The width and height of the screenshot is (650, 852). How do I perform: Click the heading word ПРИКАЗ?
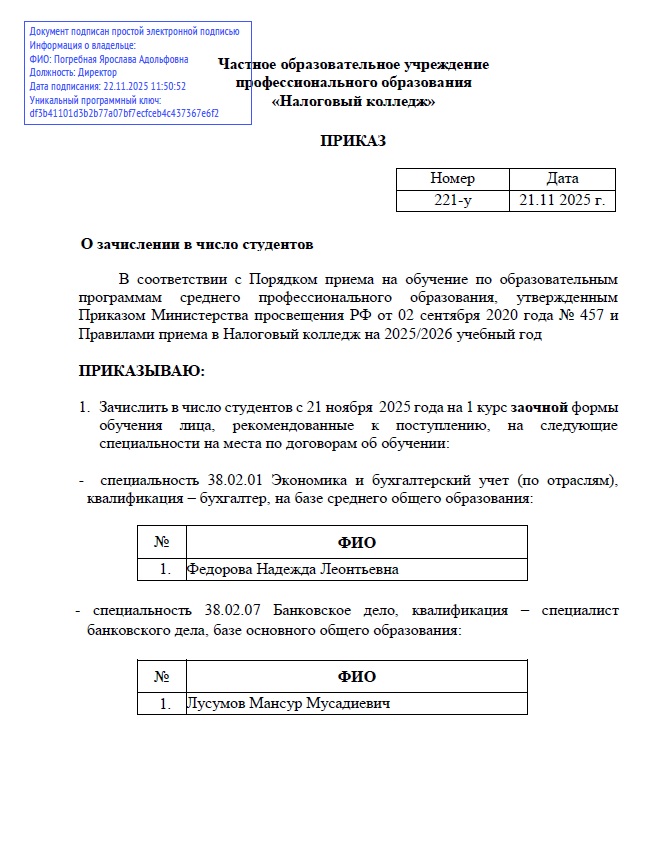pos(353,141)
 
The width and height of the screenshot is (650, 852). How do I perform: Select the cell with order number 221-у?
pos(453,200)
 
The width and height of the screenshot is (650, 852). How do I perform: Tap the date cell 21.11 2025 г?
pos(562,200)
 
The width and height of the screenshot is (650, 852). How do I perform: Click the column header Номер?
pos(453,179)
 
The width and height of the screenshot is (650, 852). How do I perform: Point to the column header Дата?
pos(562,179)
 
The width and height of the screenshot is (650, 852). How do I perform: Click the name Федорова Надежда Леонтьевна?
pos(293,569)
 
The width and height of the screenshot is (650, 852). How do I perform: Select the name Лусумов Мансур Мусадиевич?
pos(289,703)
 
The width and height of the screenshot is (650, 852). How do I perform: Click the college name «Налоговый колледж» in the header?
pos(353,101)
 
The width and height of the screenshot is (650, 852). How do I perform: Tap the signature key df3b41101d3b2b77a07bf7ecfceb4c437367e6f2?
pos(124,113)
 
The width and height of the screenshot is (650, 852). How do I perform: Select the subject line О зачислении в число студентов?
pos(197,244)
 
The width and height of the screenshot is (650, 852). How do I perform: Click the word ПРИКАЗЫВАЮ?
pos(141,371)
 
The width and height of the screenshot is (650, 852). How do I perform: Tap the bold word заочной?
pos(540,408)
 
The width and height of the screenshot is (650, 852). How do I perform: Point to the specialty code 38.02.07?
pos(234,609)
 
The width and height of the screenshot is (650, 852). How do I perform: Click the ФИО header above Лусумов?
pos(357,676)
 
